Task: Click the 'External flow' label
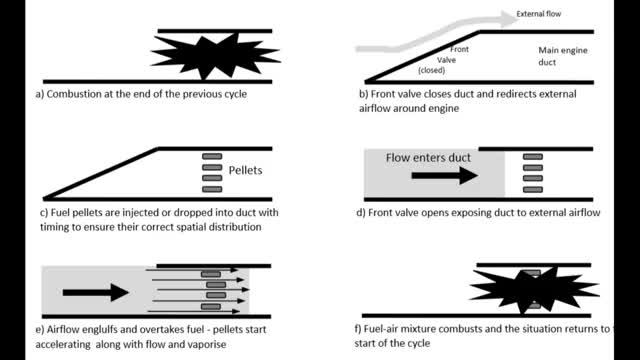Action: pyautogui.click(x=539, y=14)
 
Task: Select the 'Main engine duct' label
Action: pyautogui.click(x=563, y=56)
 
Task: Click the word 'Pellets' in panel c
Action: pyautogui.click(x=245, y=170)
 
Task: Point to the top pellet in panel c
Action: pyautogui.click(x=212, y=156)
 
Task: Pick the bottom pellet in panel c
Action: pyautogui.click(x=212, y=189)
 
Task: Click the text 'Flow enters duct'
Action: pyautogui.click(x=428, y=158)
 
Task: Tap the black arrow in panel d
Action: pyautogui.click(x=445, y=176)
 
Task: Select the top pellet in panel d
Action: pyautogui.click(x=533, y=157)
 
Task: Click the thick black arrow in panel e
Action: pyautogui.click(x=96, y=292)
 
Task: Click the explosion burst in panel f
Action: pyautogui.click(x=535, y=290)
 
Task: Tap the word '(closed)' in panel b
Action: pyautogui.click(x=431, y=70)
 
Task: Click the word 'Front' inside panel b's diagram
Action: pyautogui.click(x=460, y=49)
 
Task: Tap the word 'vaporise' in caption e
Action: pyautogui.click(x=206, y=344)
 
